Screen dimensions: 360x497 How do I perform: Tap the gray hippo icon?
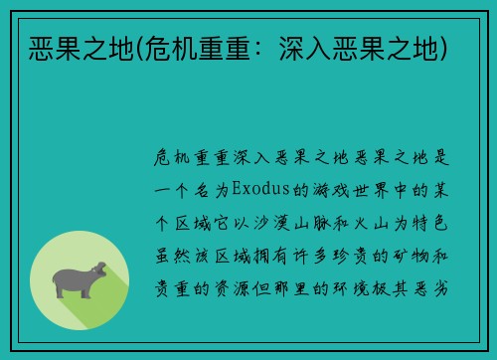tap(80, 279)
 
